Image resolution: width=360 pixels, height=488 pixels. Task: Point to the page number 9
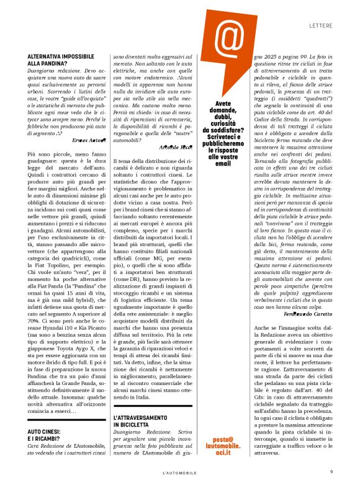[331, 472]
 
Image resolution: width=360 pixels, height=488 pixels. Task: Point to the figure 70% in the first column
[34, 322]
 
